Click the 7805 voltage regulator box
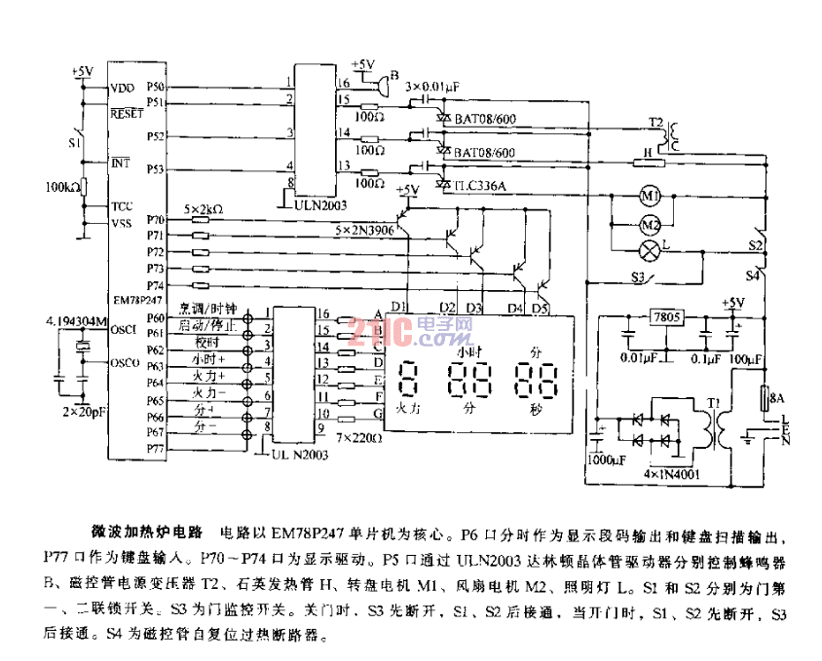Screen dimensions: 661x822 [x=667, y=319]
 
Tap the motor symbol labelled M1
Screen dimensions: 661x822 [x=651, y=197]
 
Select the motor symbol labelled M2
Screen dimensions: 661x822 [x=651, y=225]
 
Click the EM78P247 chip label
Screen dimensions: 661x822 [x=138, y=302]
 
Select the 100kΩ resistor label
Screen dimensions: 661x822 [x=63, y=185]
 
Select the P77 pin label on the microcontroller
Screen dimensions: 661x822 [x=156, y=447]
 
